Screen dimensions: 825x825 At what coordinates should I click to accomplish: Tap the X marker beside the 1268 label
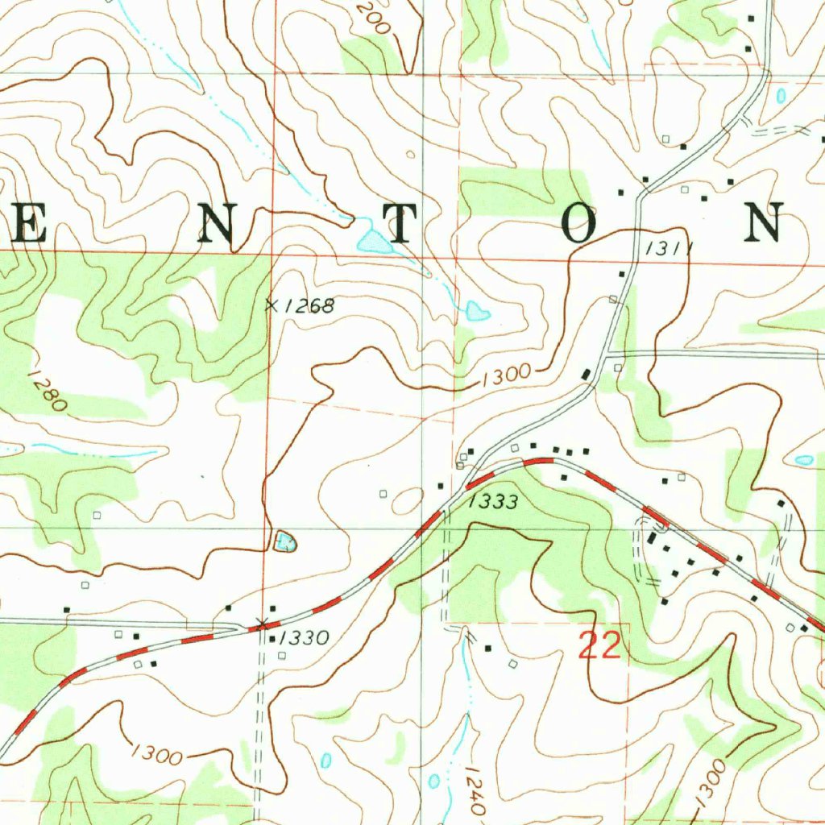272,305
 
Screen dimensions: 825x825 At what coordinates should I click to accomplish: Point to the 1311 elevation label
669,250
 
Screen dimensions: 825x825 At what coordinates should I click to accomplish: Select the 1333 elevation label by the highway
492,501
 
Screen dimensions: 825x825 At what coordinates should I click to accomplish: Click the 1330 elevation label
305,639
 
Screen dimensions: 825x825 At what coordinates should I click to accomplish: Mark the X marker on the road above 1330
261,623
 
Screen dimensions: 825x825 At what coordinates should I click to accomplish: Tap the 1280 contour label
47,391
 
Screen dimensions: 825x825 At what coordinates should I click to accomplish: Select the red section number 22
600,646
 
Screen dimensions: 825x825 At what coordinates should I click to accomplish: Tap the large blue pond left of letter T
374,241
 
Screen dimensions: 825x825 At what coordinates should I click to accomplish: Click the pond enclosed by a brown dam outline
284,541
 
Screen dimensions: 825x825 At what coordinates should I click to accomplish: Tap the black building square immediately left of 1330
272,640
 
